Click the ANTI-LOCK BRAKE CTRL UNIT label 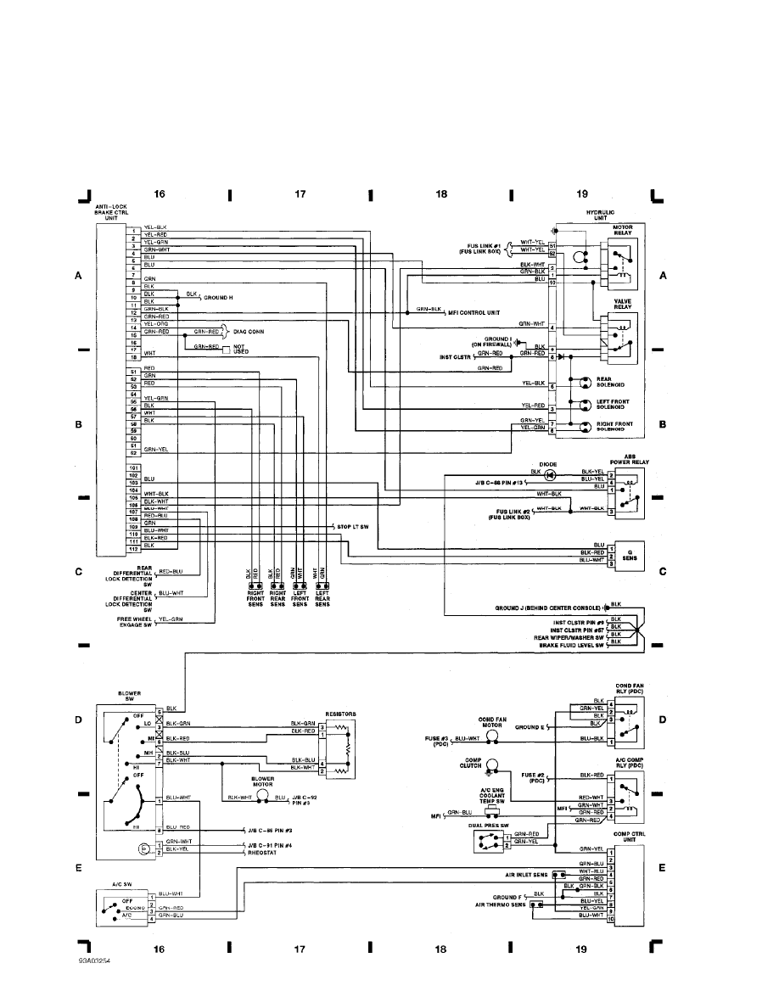click(112, 212)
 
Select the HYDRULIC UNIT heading click(600, 215)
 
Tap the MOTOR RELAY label click(622, 231)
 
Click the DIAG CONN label click(252, 332)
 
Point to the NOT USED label click(241, 349)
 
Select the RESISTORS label click(339, 714)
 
